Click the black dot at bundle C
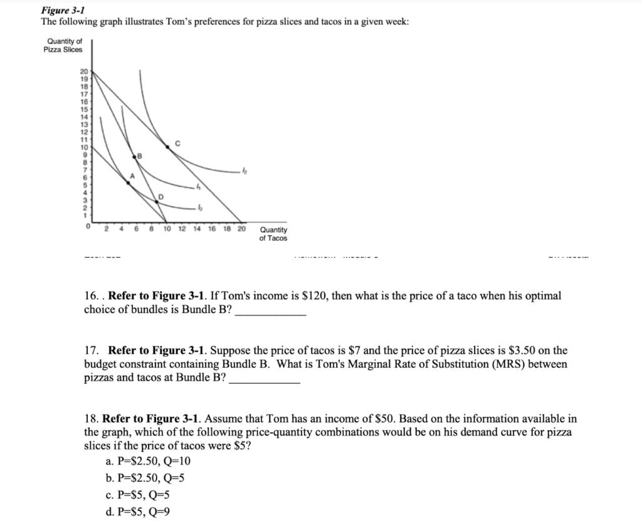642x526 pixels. (x=167, y=147)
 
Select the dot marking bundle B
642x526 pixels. (x=134, y=154)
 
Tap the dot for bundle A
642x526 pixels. (x=129, y=182)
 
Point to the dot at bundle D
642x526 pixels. (x=156, y=201)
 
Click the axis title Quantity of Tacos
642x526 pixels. (x=273, y=234)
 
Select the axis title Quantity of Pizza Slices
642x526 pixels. (x=63, y=46)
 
